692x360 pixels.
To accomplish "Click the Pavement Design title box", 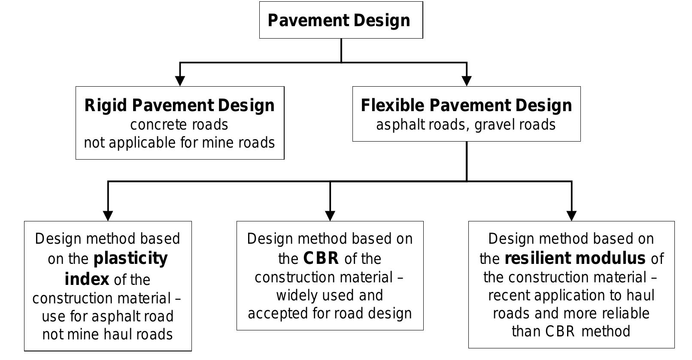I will tap(341, 20).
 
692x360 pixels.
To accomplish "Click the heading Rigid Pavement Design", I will tap(179, 106).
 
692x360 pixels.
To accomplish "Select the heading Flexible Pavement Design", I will tap(466, 106).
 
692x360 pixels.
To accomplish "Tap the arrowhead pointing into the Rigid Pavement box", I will tap(180, 80).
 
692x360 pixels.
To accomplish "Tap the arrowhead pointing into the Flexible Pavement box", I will tap(467, 80).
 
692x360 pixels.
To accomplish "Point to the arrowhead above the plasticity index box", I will tap(108, 215).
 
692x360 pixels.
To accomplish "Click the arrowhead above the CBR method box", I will tap(330, 215).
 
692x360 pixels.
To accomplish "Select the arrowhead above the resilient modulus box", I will tap(571, 215).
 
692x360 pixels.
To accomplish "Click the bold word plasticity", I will tap(131, 259).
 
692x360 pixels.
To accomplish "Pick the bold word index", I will tap(87, 279).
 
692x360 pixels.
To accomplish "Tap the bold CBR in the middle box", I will tap(321, 259).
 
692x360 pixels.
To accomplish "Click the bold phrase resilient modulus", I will tap(575, 259).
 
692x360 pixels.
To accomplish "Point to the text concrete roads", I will tap(179, 125).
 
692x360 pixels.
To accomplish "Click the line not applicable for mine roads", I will tap(179, 143).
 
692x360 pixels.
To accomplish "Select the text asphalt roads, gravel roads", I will tap(466, 125).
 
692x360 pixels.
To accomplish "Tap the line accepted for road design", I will tap(330, 314).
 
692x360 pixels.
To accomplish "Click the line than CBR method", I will tap(571, 332).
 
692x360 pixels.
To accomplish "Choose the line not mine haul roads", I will tap(107, 335).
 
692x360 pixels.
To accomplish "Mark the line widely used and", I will tap(330, 296).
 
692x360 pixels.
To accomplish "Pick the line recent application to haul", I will tap(571, 296).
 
